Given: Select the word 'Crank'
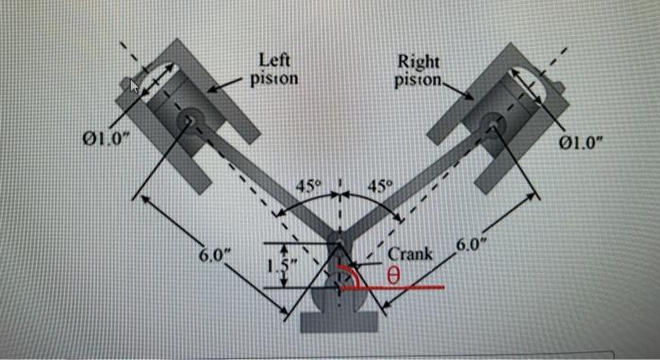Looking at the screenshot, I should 409,253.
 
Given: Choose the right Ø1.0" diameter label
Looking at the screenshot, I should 582,144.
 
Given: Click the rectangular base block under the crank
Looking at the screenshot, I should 340,321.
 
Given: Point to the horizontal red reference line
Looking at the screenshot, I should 405,288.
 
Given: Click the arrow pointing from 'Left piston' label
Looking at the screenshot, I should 223,85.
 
